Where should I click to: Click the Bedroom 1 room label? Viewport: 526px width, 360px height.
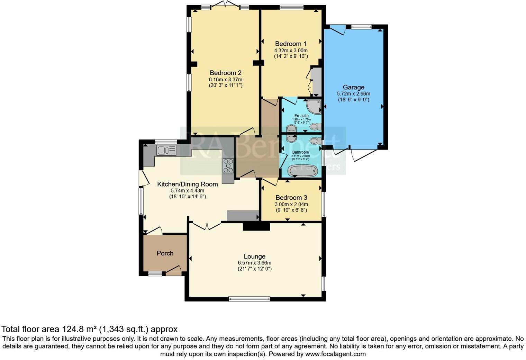(291, 44)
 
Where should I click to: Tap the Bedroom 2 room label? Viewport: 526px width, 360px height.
(225, 73)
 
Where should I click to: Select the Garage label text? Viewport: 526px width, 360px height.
(353, 87)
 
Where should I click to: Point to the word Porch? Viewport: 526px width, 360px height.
(165, 253)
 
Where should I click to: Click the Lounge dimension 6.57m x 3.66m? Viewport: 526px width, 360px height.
(254, 263)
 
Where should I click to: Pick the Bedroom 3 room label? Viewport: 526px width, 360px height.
(291, 198)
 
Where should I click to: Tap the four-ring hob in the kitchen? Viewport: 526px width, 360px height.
(228, 165)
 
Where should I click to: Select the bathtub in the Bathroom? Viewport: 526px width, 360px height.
(303, 171)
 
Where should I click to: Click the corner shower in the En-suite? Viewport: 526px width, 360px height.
(314, 107)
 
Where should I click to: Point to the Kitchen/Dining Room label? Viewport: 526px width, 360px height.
(188, 184)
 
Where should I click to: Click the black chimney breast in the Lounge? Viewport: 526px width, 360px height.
(256, 227)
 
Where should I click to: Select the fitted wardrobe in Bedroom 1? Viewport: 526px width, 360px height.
(316, 82)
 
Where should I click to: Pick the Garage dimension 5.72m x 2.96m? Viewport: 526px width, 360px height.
(353, 94)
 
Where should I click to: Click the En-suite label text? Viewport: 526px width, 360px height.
(301, 116)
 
